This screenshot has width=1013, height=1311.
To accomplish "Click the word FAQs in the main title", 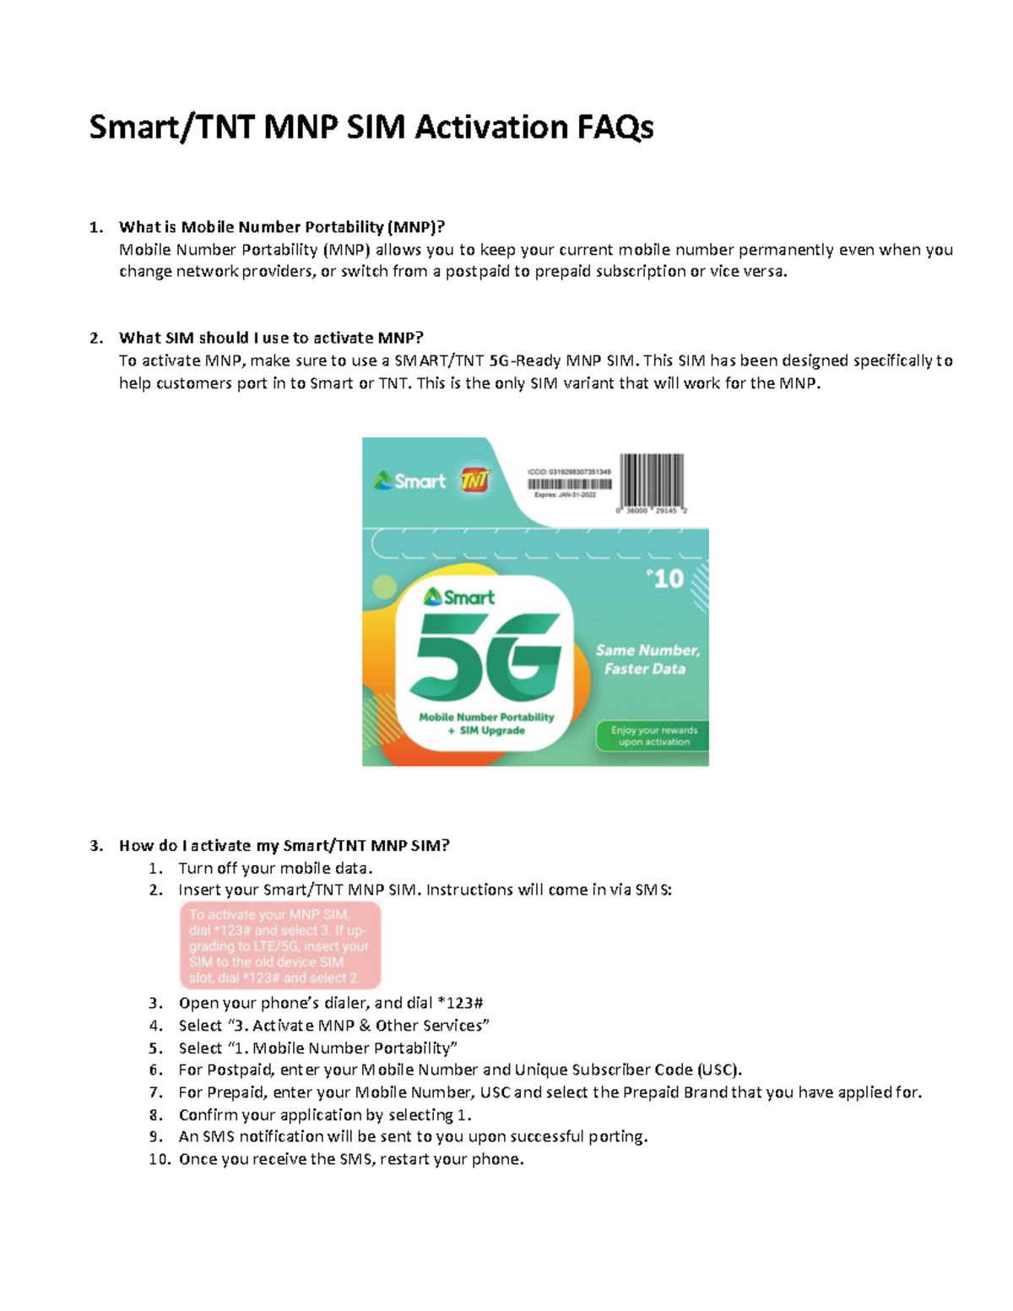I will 615,127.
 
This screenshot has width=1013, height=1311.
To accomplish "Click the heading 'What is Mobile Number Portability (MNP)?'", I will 281,227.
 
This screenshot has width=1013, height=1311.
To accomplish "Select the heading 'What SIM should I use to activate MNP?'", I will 271,338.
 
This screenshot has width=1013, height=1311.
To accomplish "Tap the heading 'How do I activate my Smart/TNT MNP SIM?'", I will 284,846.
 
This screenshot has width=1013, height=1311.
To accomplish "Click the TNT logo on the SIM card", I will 474,481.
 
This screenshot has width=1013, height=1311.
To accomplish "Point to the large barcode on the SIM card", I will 652,480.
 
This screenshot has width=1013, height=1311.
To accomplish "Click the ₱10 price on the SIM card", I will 666,579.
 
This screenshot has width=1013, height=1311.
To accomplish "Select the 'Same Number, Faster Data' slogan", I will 647,659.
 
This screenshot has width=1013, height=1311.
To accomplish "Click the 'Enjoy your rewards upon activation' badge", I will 653,736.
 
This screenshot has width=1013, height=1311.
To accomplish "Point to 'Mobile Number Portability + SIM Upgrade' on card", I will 486,723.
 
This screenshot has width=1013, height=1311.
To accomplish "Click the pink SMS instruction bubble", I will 279,945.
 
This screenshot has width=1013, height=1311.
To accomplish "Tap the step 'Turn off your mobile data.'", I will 275,869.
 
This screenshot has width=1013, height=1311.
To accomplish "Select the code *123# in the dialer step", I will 460,1003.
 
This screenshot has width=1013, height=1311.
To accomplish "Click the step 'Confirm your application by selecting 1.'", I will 325,1114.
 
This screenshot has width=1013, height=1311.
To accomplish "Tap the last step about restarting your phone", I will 351,1159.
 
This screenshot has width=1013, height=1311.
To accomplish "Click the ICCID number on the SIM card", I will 569,472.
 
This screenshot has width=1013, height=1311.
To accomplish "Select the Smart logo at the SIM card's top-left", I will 410,481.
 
